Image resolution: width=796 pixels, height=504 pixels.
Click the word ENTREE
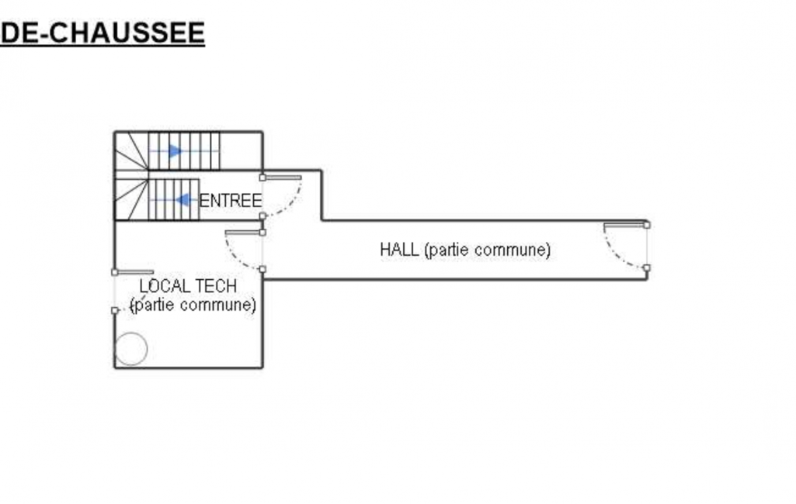point(231,201)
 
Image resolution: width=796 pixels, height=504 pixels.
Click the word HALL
point(399,250)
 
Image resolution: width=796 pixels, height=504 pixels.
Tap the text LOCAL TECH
point(188,286)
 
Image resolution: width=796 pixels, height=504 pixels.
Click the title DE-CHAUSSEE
point(103,33)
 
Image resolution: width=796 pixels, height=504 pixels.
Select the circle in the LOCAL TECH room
point(130,349)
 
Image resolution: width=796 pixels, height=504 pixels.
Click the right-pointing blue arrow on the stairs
point(176,151)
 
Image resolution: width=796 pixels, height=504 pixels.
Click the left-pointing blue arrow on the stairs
point(184,200)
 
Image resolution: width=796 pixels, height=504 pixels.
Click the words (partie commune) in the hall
point(488,250)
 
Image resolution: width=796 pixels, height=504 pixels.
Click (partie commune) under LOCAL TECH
point(193,305)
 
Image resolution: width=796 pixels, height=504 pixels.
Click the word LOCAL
point(165,286)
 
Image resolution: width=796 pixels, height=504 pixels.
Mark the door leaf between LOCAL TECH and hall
point(244,233)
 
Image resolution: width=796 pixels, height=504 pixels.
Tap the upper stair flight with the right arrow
point(184,150)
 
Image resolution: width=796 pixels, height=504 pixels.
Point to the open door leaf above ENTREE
point(282,178)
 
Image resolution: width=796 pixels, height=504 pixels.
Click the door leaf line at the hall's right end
point(625,225)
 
